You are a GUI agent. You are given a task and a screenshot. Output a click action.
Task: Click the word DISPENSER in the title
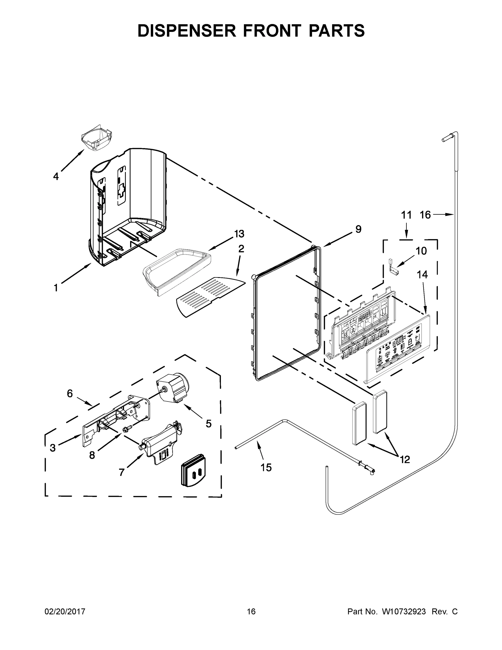point(187,31)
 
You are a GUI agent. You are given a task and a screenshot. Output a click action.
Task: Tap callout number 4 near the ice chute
point(56,177)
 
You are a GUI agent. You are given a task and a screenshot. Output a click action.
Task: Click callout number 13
point(239,234)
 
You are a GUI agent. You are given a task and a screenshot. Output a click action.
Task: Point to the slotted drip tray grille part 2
point(210,297)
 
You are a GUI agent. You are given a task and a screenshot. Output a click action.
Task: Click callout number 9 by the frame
point(358,229)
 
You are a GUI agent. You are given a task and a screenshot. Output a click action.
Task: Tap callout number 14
point(422,275)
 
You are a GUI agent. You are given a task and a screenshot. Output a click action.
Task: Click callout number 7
point(121,472)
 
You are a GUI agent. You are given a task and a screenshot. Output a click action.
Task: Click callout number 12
point(405,460)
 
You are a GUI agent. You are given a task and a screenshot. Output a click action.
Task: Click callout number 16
point(425,214)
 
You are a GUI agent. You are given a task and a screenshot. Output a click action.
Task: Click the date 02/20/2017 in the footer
point(65,612)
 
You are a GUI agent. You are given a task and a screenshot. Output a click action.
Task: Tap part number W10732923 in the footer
point(403,612)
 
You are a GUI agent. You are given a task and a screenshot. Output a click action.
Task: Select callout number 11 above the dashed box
point(406,215)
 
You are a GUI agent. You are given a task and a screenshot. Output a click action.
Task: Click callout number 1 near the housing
point(56,288)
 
